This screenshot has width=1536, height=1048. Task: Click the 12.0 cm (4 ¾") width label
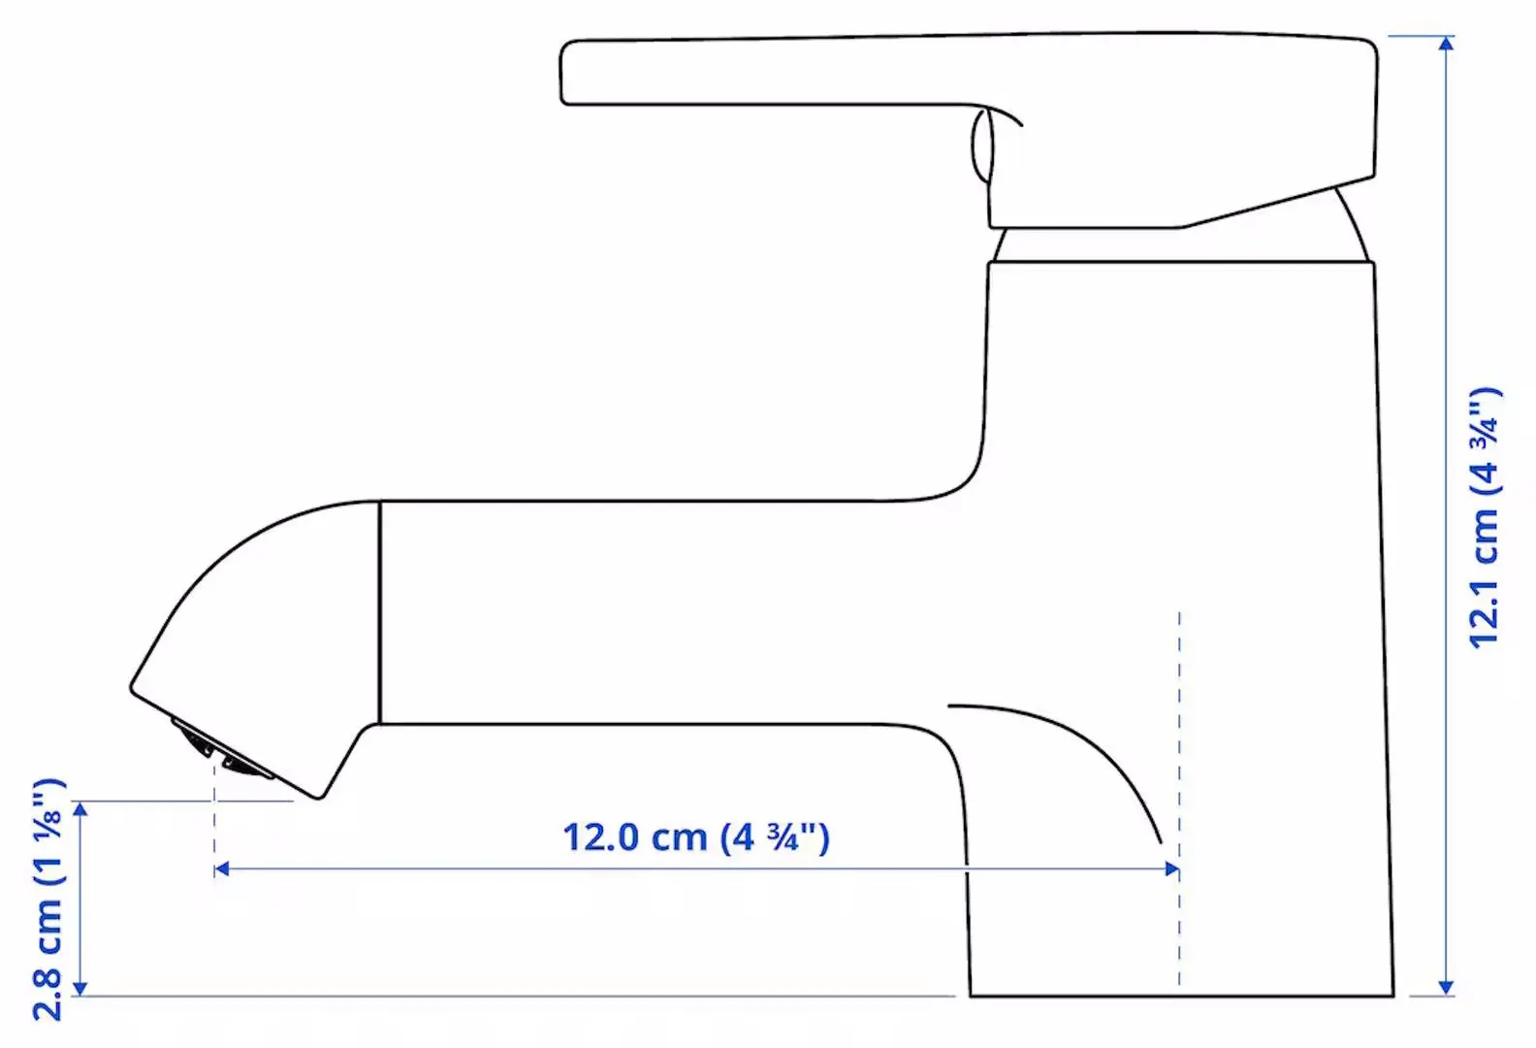pos(696,836)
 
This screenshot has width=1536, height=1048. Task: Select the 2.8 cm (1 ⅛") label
pos(48,899)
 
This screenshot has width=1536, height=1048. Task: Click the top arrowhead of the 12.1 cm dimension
pos(1446,45)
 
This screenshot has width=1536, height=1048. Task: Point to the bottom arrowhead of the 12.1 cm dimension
pos(1446,987)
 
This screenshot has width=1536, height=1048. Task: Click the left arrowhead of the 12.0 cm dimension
pos(222,868)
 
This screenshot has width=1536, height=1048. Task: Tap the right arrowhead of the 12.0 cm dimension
pos(1171,868)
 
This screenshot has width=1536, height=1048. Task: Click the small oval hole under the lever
pos(982,146)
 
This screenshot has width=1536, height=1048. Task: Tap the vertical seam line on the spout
pos(379,611)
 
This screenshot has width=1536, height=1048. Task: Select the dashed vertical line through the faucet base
pos(1179,737)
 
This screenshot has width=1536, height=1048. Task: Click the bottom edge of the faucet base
pos(1181,996)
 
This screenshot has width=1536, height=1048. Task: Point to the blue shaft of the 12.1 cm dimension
pos(1446,291)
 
